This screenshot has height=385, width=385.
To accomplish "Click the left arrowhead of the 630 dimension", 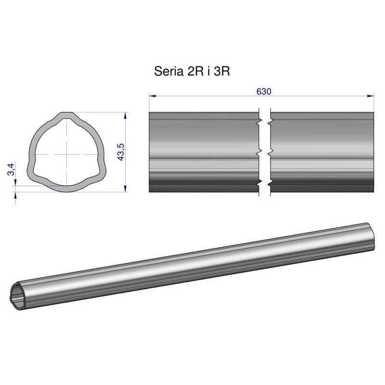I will (151, 96).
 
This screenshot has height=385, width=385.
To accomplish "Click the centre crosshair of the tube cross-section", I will (66, 154).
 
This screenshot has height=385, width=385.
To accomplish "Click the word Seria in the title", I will (166, 72).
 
